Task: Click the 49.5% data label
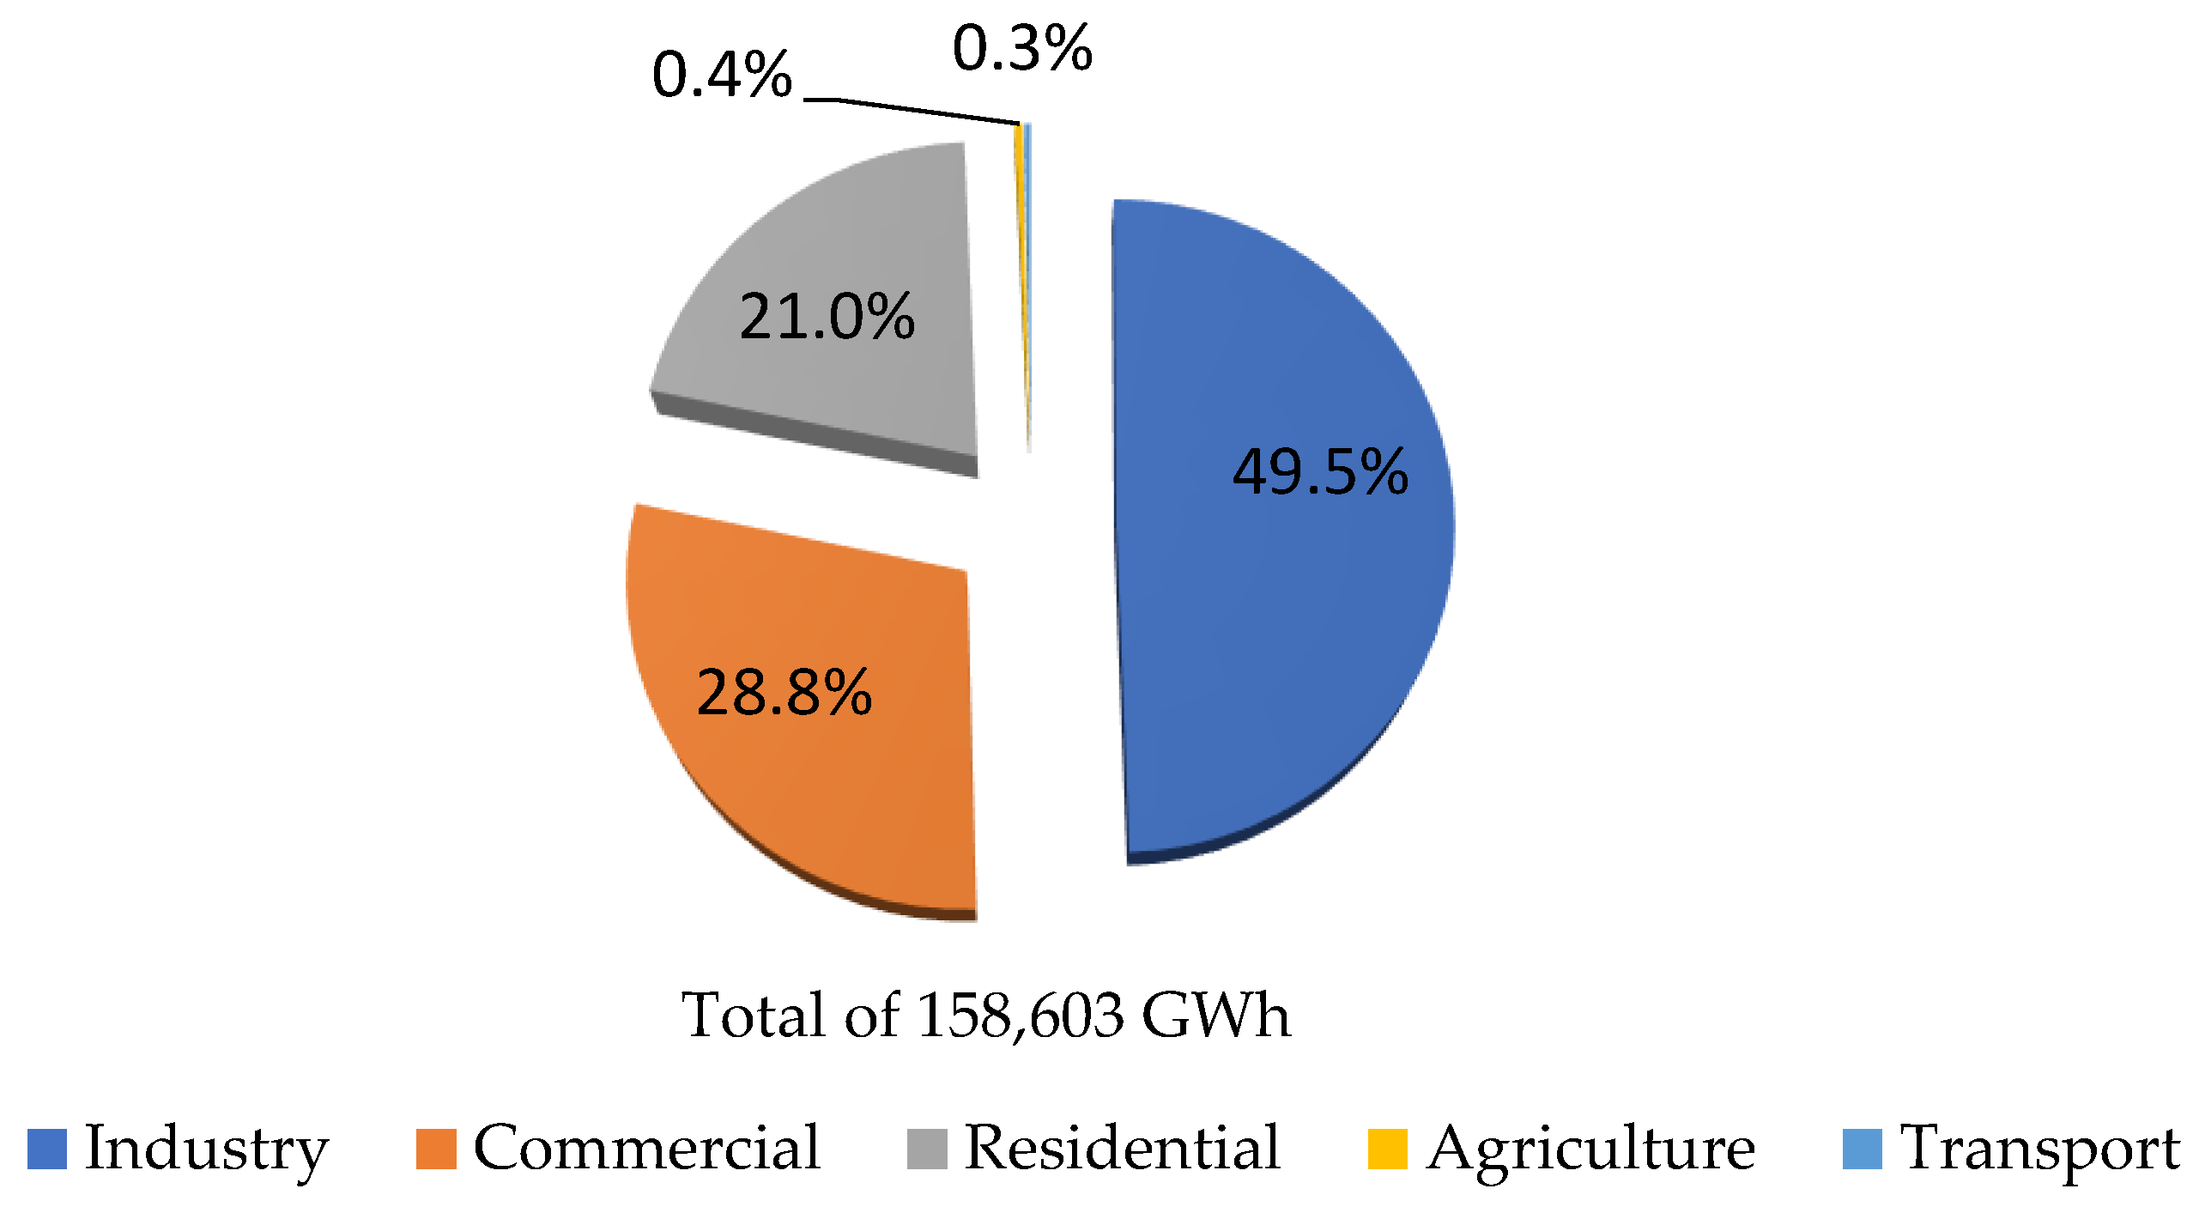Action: pyautogui.click(x=1320, y=472)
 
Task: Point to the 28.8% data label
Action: pyautogui.click(x=784, y=693)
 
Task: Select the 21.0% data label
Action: pyautogui.click(x=827, y=317)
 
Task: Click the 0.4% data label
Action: pyautogui.click(x=721, y=75)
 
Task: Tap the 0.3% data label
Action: pyautogui.click(x=1021, y=48)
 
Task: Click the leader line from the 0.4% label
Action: pyautogui.click(x=910, y=110)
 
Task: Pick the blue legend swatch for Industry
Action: pyautogui.click(x=46, y=1149)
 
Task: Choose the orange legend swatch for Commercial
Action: pyautogui.click(x=435, y=1149)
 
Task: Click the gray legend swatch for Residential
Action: pyautogui.click(x=926, y=1149)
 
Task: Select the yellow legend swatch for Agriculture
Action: pyautogui.click(x=1387, y=1149)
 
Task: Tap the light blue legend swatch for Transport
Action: pyautogui.click(x=1862, y=1149)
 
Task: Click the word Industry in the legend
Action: pyautogui.click(x=206, y=1149)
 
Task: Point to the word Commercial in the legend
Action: pyautogui.click(x=647, y=1149)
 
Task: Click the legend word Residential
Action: pyautogui.click(x=1122, y=1149)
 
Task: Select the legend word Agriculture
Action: pyautogui.click(x=1590, y=1149)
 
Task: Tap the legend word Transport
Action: pyautogui.click(x=2039, y=1149)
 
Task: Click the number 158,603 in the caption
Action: pyautogui.click(x=1020, y=1016)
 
